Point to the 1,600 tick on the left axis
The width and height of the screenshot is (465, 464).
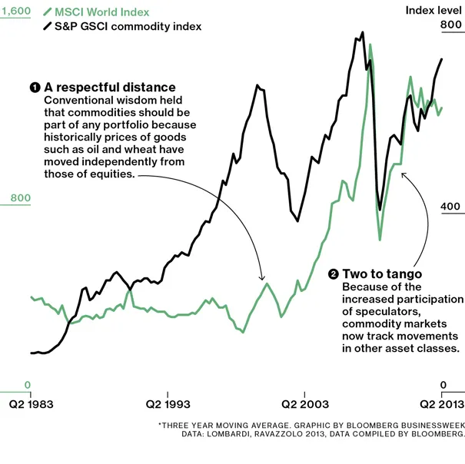point(15,11)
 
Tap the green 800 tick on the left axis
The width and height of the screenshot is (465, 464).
point(19,198)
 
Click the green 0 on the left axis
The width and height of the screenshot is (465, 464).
point(27,385)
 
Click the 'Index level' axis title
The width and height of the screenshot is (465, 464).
point(433,10)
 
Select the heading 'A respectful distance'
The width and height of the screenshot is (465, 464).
point(110,88)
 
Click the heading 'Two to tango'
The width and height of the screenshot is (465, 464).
point(382,273)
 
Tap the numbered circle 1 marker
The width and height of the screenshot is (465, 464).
point(35,88)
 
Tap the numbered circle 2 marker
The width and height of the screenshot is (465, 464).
point(333,274)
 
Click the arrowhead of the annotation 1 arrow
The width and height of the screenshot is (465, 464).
point(263,277)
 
